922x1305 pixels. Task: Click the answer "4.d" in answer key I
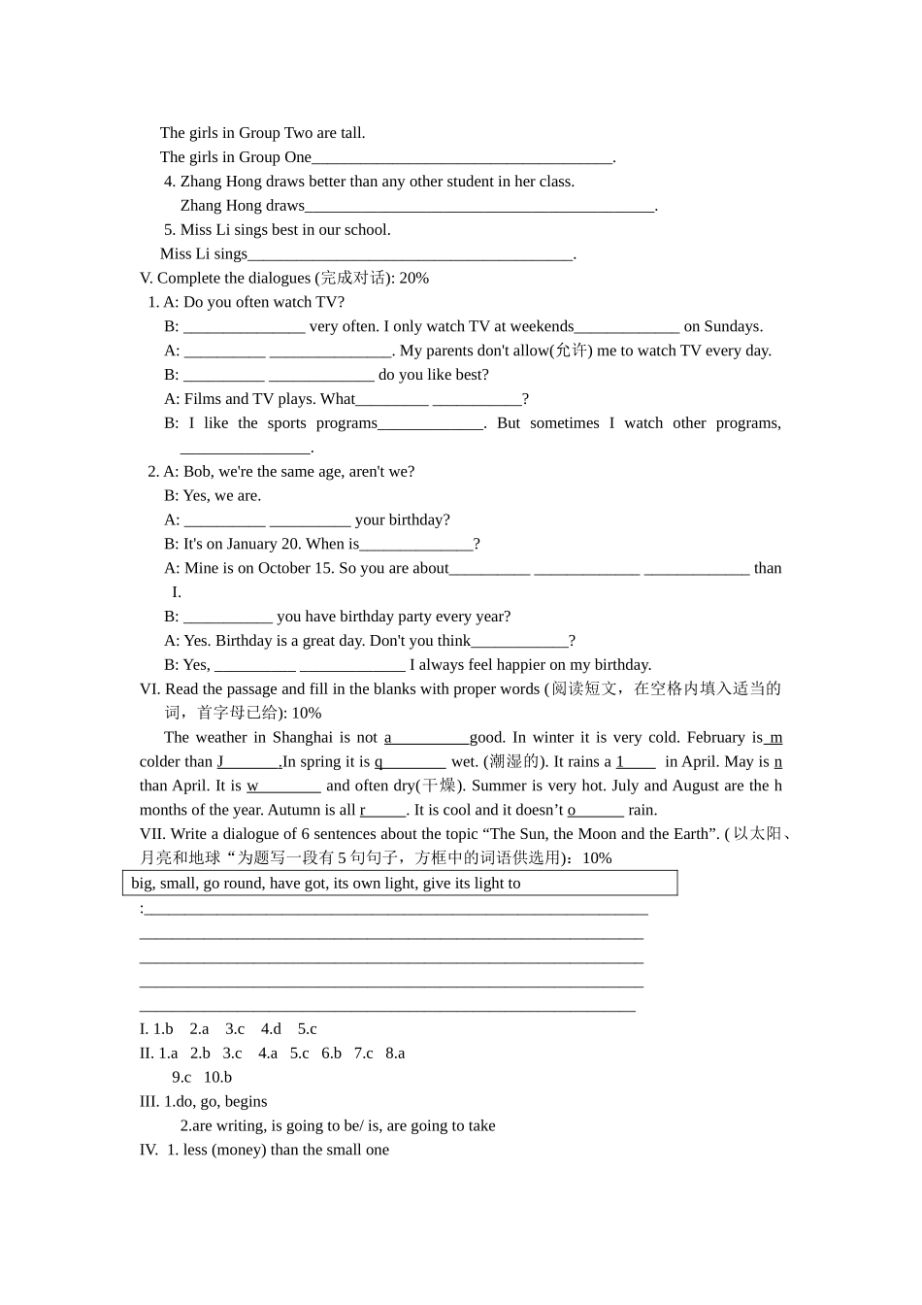pyautogui.click(x=271, y=1029)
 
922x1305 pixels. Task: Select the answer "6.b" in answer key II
pyautogui.click(x=331, y=1054)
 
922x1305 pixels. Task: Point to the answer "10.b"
pyautogui.click(x=217, y=1078)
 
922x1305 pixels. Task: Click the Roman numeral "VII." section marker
pyautogui.click(x=153, y=834)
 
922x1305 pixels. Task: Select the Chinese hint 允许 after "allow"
pyautogui.click(x=570, y=351)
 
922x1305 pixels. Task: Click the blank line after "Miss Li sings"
pyautogui.click(x=411, y=255)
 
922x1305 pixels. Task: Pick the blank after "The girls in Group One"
pyautogui.click(x=462, y=158)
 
